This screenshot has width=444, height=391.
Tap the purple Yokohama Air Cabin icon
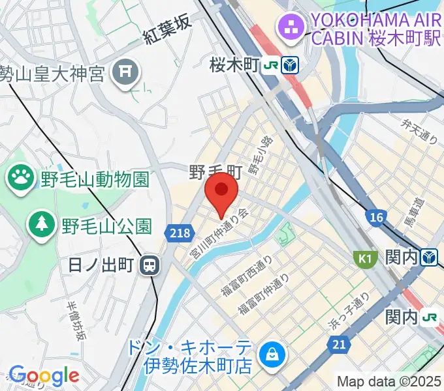pos(288,27)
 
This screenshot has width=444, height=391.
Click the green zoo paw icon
pos(21,176)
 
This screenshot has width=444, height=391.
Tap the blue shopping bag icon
pos(269,355)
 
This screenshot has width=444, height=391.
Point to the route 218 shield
pos(178,231)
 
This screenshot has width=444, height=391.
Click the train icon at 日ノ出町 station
pos(150,265)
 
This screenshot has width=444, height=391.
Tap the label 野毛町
pos(216,173)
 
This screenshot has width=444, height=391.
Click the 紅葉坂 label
pos(167,30)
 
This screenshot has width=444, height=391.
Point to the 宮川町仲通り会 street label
pos(220,233)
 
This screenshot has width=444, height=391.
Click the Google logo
pos(44,375)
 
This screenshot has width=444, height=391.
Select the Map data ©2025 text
pos(389,381)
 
